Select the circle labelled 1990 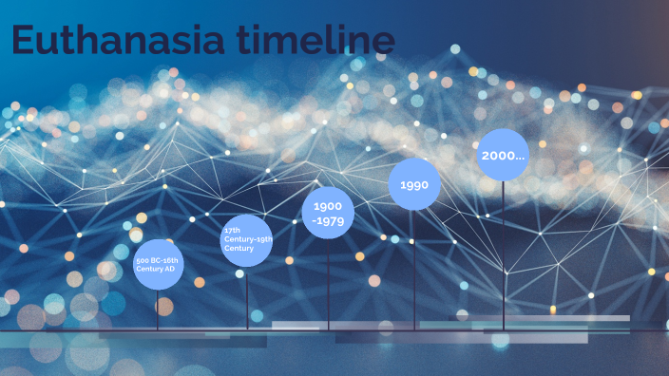tap(414, 185)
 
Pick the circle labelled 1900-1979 tap(328, 214)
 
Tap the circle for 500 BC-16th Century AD tap(158, 264)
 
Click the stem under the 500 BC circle tap(158, 309)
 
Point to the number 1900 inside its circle tap(328, 206)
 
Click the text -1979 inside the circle tap(328, 222)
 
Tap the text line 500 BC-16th tap(158, 259)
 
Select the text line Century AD tap(156, 269)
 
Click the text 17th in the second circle tap(231, 230)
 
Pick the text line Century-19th tap(248, 239)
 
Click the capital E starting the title tap(26, 43)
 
